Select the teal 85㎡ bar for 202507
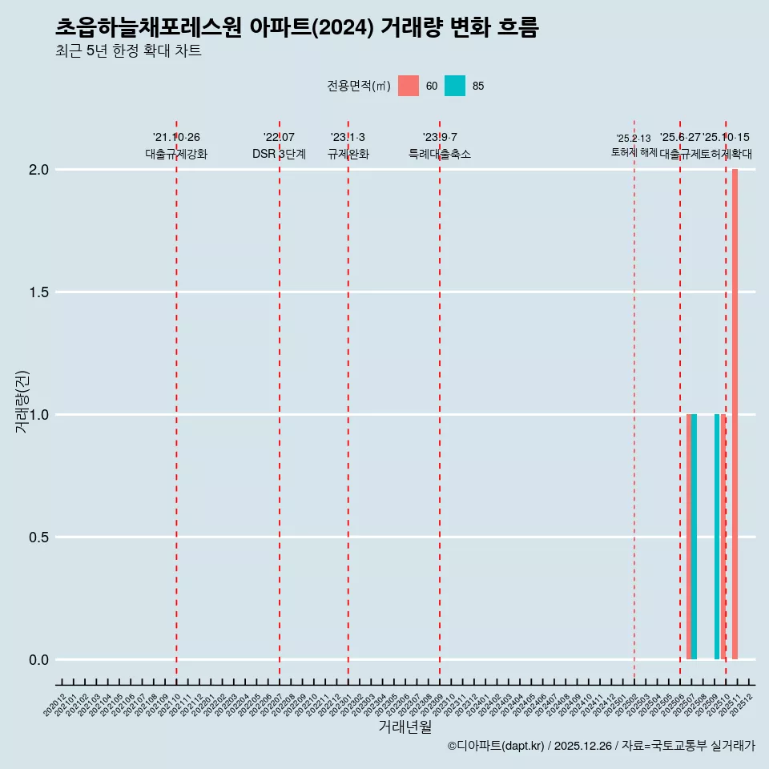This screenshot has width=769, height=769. pyautogui.click(x=695, y=537)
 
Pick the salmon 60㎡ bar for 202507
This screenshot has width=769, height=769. pyautogui.click(x=689, y=537)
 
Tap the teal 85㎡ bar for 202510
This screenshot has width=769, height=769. pyautogui.click(x=717, y=537)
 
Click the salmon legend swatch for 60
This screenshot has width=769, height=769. pyautogui.click(x=409, y=86)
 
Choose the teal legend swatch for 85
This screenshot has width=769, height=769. pyautogui.click(x=455, y=86)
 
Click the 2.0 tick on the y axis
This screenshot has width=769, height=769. pyautogui.click(x=39, y=170)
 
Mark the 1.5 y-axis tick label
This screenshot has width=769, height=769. pyautogui.click(x=39, y=292)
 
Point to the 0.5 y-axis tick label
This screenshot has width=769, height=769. pyautogui.click(x=39, y=537)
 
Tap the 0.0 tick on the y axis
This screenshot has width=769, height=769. pyautogui.click(x=39, y=660)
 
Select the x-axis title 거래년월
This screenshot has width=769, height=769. pyautogui.click(x=405, y=727)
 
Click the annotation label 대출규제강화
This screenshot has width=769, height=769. pyautogui.click(x=176, y=155)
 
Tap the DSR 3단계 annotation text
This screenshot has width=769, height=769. pyautogui.click(x=279, y=155)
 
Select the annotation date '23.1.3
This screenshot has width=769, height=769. pyautogui.click(x=348, y=138)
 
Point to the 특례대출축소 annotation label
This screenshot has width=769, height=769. pyautogui.click(x=440, y=155)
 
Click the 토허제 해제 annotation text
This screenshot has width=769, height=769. pyautogui.click(x=634, y=152)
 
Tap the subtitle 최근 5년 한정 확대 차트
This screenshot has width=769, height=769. pyautogui.click(x=128, y=51)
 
